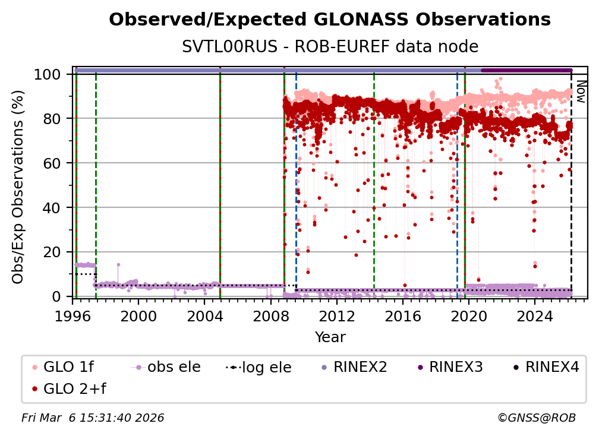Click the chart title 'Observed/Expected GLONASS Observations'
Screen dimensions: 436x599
pyautogui.click(x=330, y=20)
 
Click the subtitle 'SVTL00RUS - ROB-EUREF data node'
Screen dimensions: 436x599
pyautogui.click(x=330, y=46)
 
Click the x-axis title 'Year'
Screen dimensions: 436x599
pyautogui.click(x=330, y=337)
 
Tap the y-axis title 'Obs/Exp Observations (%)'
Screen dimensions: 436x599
pyautogui.click(x=18, y=187)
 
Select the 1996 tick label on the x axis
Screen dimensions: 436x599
pyautogui.click(x=73, y=317)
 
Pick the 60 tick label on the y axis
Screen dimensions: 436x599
pyautogui.click(x=55, y=163)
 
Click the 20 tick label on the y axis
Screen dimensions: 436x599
pyautogui.click(x=55, y=252)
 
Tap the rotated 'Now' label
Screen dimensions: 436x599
pyautogui.click(x=581, y=93)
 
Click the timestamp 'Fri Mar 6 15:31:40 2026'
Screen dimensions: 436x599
pyautogui.click(x=93, y=418)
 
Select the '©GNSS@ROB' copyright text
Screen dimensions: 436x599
pyautogui.click(x=537, y=418)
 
